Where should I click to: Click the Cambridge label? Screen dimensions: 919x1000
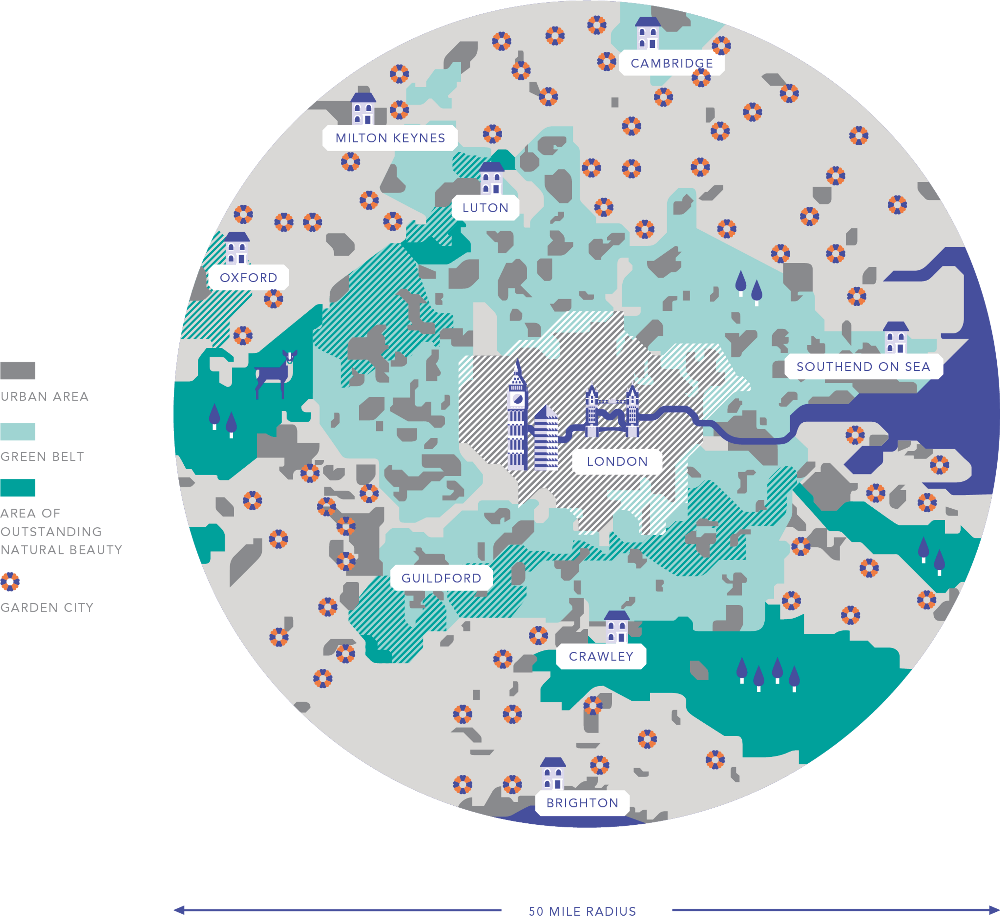coord(671,63)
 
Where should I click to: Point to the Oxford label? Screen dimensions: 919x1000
coord(248,277)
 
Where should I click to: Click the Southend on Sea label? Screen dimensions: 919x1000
coord(863,367)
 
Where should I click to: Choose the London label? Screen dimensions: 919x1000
coord(617,461)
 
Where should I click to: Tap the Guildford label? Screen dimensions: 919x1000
coord(441,578)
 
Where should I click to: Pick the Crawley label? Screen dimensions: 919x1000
coord(601,656)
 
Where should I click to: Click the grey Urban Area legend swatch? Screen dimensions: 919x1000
coord(18,371)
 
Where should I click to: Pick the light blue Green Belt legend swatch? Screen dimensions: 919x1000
coord(18,432)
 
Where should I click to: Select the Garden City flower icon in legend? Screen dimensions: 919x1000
coord(10,582)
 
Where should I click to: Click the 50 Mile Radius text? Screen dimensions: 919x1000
coord(582,911)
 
